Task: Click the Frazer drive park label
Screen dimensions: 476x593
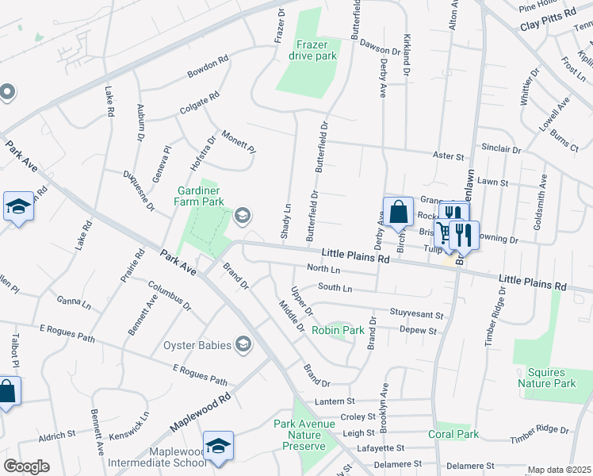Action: [x=317, y=50]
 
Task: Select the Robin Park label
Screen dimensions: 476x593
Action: [x=338, y=329]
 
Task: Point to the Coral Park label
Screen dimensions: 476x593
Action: [x=454, y=434]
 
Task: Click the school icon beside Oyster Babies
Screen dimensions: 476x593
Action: [x=243, y=344]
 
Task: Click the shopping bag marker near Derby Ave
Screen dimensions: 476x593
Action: [x=398, y=213]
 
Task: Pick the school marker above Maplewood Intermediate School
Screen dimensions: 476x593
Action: [x=218, y=447]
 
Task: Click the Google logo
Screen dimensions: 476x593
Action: [x=25, y=466]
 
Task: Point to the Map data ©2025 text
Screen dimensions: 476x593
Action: [x=559, y=470]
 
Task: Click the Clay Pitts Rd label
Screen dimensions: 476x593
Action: [x=546, y=27]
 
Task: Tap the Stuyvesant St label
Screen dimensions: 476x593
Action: [x=417, y=313]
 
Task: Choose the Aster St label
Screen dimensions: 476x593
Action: [x=447, y=157]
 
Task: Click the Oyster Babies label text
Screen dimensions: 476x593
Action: [x=197, y=345]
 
